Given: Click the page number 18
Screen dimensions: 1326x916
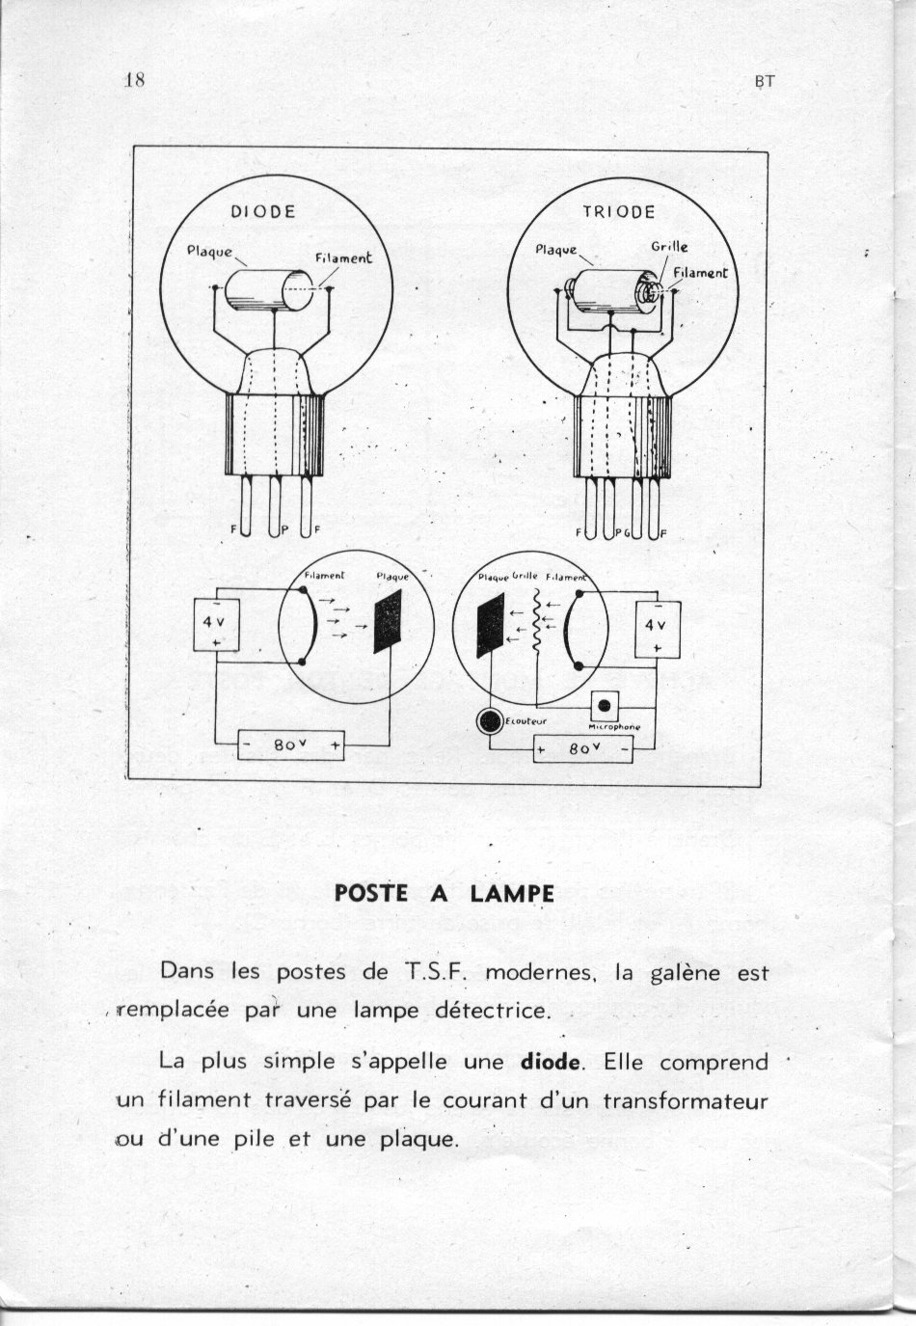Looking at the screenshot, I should (x=135, y=80).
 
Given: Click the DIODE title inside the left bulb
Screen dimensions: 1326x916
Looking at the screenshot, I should (x=262, y=211).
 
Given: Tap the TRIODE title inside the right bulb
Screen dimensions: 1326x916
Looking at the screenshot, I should (x=618, y=211).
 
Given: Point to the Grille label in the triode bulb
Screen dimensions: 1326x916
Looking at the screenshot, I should (x=669, y=247).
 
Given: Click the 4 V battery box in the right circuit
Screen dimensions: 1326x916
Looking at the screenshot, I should (x=657, y=631).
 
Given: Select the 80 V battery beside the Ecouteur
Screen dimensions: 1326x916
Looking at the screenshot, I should (x=583, y=747).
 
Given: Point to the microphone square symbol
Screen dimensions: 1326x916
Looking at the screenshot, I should (x=605, y=705).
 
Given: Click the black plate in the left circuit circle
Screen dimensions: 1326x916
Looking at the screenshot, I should (x=388, y=620).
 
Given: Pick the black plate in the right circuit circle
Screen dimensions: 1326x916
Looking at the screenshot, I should (x=490, y=627).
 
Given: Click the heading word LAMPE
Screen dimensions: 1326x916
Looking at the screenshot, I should (x=512, y=893).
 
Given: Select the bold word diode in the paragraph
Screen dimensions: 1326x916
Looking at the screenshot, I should (x=551, y=1062).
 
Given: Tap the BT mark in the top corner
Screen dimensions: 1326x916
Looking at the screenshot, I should (x=765, y=82).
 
